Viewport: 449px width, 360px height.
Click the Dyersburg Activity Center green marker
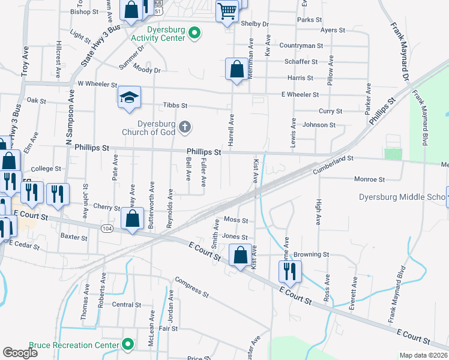click(194, 33)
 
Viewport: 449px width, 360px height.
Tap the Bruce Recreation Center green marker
click(127, 344)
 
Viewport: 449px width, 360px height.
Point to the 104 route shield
click(107, 228)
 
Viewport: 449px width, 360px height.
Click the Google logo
click(20, 353)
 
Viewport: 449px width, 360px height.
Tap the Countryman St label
click(301, 46)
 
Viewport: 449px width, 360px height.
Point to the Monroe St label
click(369, 179)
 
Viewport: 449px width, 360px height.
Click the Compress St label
click(191, 288)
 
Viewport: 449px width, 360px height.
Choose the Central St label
click(126, 305)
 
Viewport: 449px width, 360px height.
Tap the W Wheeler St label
click(97, 86)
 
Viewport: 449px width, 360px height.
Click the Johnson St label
click(319, 125)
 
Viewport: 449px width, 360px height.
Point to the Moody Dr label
click(148, 69)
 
